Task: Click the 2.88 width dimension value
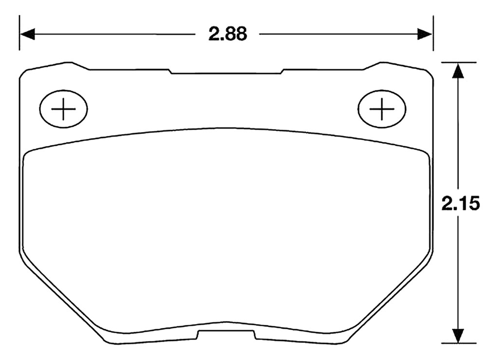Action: pos(227,34)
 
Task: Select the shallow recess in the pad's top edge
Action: pos(226,72)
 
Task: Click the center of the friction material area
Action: pos(226,229)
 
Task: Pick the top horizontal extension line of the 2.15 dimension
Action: pos(458,62)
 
